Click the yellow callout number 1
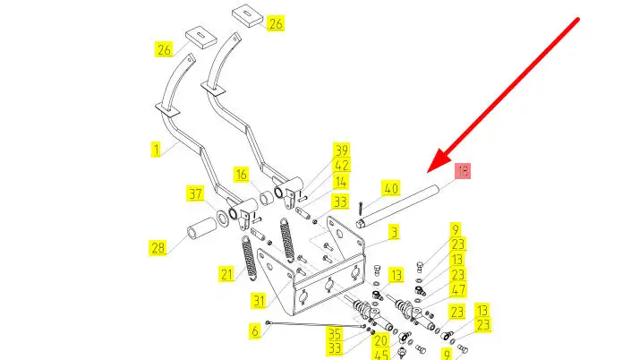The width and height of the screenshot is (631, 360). click(156, 150)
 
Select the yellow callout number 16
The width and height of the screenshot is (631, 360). click(242, 173)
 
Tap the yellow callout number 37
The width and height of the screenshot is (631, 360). click(195, 193)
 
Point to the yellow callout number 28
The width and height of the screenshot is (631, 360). click(158, 247)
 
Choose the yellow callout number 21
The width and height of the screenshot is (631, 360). click(226, 272)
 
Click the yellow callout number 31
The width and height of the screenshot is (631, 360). click(255, 331)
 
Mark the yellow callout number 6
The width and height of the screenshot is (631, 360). click(255, 331)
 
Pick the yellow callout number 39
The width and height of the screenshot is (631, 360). click(341, 150)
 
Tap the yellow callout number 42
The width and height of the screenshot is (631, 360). click(341, 166)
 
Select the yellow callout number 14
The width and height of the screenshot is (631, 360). click(341, 182)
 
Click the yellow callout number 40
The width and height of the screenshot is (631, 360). click(390, 188)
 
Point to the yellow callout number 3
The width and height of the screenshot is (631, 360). click(393, 232)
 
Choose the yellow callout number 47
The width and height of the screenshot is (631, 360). click(457, 290)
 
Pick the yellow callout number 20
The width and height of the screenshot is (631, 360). click(381, 340)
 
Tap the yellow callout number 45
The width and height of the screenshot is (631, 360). click(381, 355)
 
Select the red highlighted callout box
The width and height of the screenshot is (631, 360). click(464, 171)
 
